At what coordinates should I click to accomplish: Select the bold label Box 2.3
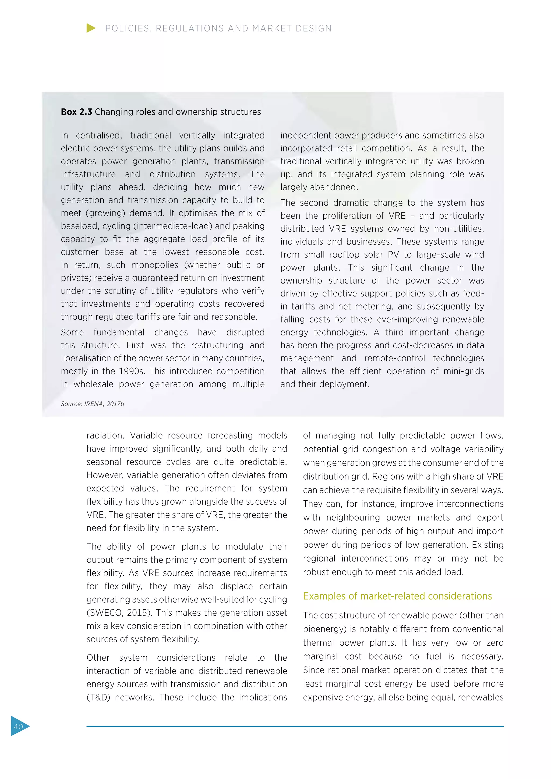click(76, 112)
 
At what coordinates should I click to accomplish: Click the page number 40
click(18, 726)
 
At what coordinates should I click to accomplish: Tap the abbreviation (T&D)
click(98, 697)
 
